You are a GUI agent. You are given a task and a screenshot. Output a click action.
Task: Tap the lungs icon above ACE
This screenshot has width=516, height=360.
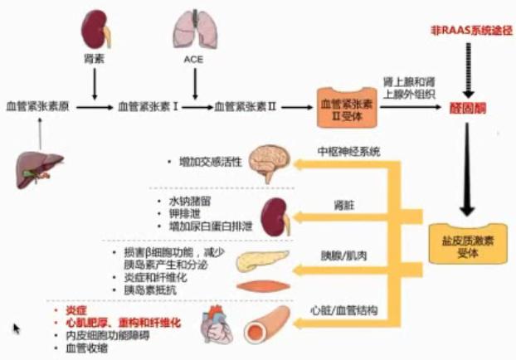coord(192,30)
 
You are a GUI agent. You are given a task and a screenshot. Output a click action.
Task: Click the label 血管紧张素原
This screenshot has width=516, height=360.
coord(37,106)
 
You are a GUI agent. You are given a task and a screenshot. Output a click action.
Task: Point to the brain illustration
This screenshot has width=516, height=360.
coord(272,162)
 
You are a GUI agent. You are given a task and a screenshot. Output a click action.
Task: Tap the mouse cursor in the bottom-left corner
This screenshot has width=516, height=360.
coord(17,328)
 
